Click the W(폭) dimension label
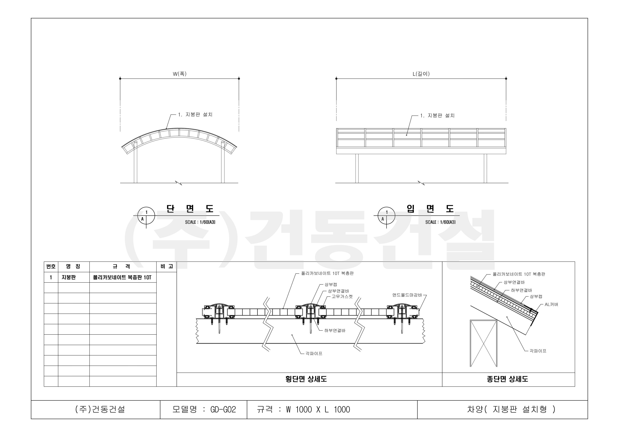coord(180,74)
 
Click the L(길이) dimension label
coord(421,74)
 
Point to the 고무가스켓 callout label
coord(342,297)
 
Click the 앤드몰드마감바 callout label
coord(407,295)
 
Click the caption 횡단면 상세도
coord(306,379)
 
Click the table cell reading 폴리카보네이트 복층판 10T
coord(122,277)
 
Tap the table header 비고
coord(167,266)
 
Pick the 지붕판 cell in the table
coord(69,277)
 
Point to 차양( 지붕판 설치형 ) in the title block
coord(511,409)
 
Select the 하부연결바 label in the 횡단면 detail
coord(335,331)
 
